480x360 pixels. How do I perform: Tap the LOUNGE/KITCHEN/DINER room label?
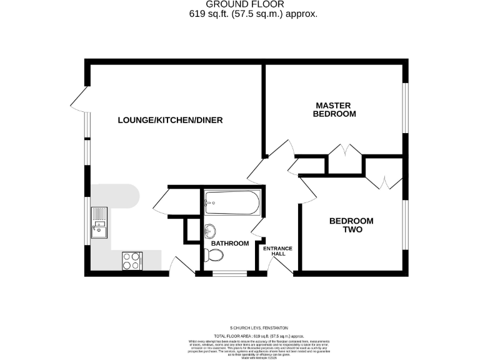pos(170,120)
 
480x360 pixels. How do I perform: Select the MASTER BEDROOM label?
pos(334,109)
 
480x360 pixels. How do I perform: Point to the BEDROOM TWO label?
pos(351,225)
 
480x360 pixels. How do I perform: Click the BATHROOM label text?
pos(229,243)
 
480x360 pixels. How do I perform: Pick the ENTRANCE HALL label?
pos(277,251)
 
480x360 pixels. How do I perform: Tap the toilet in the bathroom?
pos(213,254)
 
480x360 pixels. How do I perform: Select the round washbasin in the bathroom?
pos(209,229)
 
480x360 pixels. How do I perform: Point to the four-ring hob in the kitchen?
pos(132,260)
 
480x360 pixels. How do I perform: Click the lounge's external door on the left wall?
pos(79,98)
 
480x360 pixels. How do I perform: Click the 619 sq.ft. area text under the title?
pos(253,13)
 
